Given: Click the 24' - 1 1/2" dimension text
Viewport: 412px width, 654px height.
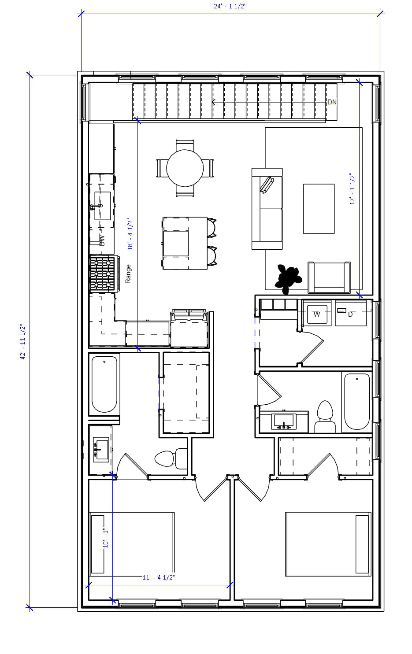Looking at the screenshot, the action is pyautogui.click(x=230, y=7).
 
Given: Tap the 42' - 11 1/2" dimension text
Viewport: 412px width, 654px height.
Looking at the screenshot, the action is pyautogui.click(x=23, y=342).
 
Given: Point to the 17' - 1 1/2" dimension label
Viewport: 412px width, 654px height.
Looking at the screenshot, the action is pyautogui.click(x=353, y=189).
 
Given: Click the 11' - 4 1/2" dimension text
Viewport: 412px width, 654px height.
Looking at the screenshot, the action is pyautogui.click(x=159, y=577).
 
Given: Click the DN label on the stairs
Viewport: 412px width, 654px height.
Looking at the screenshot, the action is pyautogui.click(x=332, y=102).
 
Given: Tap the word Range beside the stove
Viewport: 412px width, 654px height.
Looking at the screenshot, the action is pyautogui.click(x=128, y=273).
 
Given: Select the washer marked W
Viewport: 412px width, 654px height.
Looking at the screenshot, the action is pyautogui.click(x=317, y=313).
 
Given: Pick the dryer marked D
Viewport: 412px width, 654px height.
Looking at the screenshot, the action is pyautogui.click(x=351, y=313).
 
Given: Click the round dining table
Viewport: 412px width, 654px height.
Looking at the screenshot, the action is pyautogui.click(x=185, y=168).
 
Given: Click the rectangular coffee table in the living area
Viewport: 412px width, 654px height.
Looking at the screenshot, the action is pyautogui.click(x=319, y=209).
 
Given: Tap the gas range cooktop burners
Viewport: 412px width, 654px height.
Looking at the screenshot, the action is pyautogui.click(x=102, y=273).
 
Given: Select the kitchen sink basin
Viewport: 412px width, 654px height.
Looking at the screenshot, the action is pyautogui.click(x=102, y=206).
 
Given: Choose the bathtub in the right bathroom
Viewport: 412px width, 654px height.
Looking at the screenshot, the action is pyautogui.click(x=357, y=402).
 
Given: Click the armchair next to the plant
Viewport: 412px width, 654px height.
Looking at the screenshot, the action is pyautogui.click(x=329, y=277).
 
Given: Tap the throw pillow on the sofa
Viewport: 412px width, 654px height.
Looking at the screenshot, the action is pyautogui.click(x=267, y=185).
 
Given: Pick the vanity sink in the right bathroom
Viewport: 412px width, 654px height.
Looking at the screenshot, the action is pyautogui.click(x=284, y=421).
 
